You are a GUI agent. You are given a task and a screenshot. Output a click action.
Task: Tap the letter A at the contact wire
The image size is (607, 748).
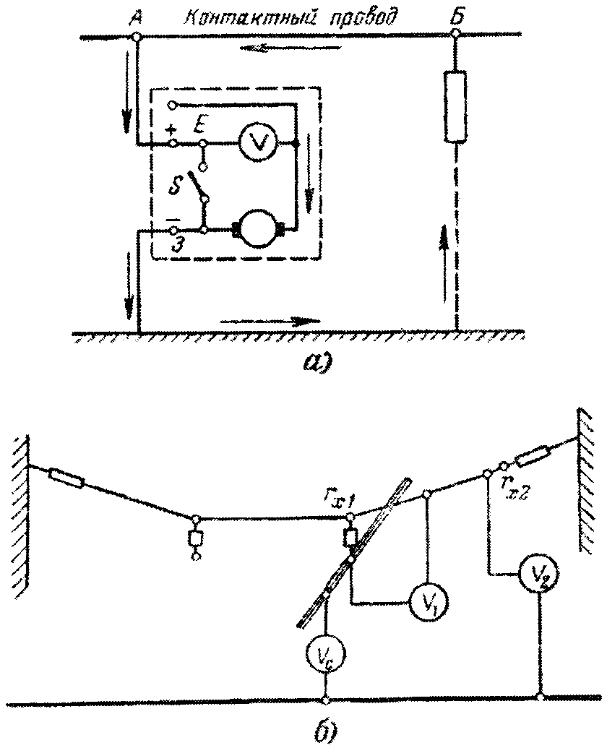point(134,19)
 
